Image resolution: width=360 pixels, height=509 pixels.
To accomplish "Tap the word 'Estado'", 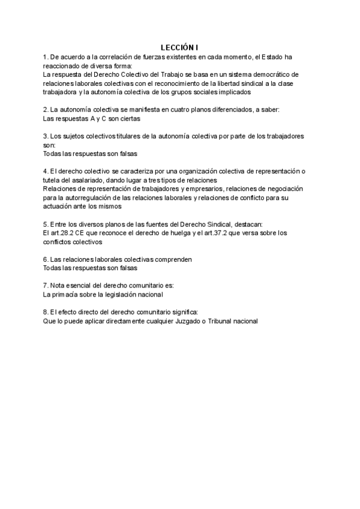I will [271, 56].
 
